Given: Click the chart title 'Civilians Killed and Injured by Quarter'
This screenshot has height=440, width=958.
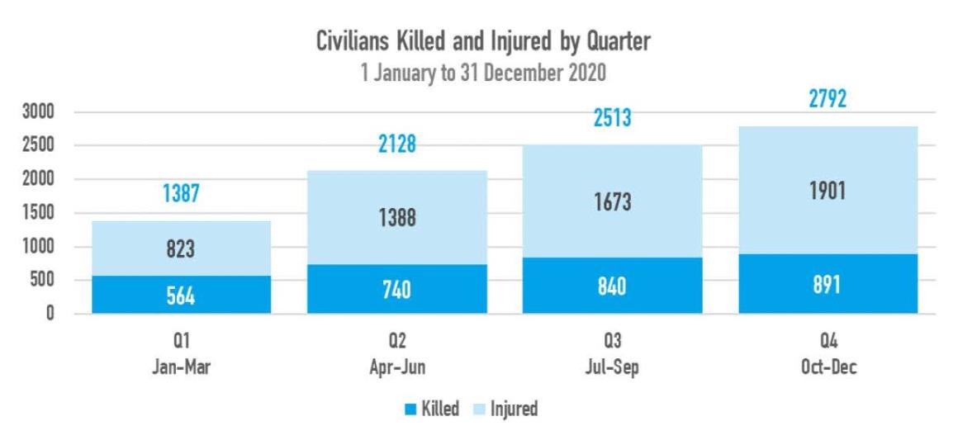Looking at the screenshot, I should tap(483, 43).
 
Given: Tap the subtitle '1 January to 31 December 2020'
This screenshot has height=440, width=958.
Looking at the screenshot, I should tap(483, 73).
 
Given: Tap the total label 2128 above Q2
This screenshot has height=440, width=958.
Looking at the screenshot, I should tap(397, 144).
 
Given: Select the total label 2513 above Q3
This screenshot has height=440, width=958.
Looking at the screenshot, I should tap(613, 118).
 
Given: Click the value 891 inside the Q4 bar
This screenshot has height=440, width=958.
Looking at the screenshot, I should tap(828, 285).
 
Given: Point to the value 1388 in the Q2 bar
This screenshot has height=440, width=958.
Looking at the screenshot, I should tap(397, 219).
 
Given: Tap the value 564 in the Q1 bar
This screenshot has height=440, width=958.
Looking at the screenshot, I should tap(181, 297).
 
